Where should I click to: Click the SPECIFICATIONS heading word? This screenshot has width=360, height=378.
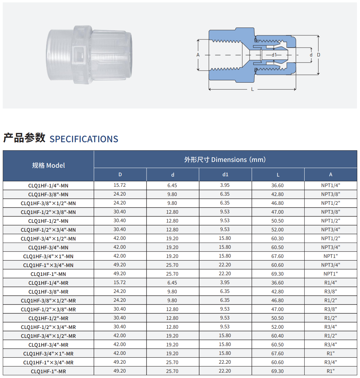click(x=84, y=139)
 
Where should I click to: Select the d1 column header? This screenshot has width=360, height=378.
click(x=225, y=175)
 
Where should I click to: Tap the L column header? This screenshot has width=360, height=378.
click(x=278, y=175)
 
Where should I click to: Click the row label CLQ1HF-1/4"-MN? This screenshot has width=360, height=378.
click(x=48, y=186)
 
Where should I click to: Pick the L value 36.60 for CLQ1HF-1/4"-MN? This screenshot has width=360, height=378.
click(x=277, y=185)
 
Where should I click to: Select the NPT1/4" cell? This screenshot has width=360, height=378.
click(x=331, y=185)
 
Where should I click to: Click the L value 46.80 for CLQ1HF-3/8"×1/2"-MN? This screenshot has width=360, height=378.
click(x=277, y=203)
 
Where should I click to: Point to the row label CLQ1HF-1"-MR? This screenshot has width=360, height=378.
click(x=48, y=371)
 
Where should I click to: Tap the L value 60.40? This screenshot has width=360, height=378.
click(x=277, y=335)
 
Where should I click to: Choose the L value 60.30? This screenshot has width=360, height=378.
click(x=277, y=239)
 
